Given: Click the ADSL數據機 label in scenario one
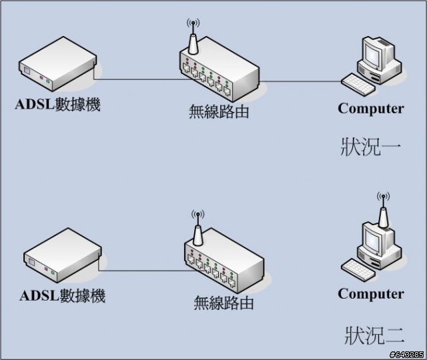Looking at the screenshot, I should click(59, 105).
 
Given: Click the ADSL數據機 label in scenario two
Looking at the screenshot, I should click(63, 296).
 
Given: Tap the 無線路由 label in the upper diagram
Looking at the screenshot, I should click(218, 111).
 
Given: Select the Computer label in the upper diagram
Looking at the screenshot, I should click(371, 108).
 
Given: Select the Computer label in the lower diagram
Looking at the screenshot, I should click(371, 294).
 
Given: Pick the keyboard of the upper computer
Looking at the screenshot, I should click(360, 83).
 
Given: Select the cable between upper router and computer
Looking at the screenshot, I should click(300, 83).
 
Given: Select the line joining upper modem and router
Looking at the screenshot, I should click(140, 80).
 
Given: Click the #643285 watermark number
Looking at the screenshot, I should click(406, 354).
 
